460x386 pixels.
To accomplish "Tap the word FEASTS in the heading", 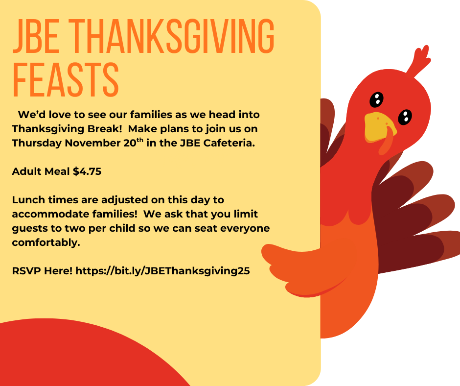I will [66, 79].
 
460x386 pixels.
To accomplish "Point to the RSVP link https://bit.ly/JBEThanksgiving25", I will [163, 271].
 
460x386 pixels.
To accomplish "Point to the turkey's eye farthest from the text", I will [405, 117].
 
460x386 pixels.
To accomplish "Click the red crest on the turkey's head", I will [418, 62].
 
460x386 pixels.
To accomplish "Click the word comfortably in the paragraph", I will [46, 242].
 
